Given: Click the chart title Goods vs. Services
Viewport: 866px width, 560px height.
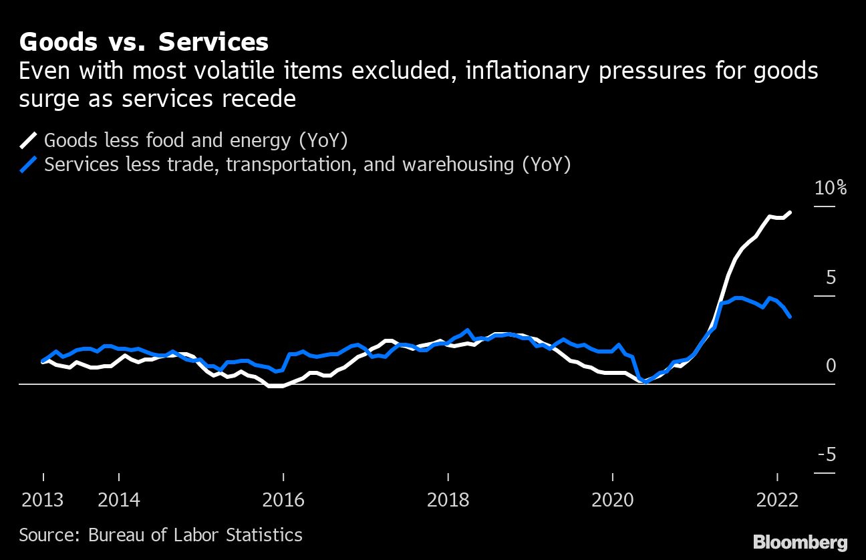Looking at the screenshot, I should pos(144,43).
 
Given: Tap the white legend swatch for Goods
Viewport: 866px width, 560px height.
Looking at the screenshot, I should pos(29,140).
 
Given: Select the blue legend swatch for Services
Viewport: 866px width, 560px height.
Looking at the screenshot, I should pos(29,164).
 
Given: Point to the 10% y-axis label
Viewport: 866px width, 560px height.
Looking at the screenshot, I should pos(830,188).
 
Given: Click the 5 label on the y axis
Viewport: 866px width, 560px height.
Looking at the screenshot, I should pos(830,277).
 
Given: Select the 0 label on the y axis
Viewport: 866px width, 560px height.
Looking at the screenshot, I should pos(831,366).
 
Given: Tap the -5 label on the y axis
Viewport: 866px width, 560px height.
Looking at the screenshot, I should pos(827,455).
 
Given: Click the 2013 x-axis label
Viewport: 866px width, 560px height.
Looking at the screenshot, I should pos(43,500).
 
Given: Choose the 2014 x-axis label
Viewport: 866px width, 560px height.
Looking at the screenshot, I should pos(119,500).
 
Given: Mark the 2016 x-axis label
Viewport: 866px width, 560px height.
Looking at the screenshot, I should pos(283,500).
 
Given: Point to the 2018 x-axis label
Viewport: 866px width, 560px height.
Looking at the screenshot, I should pos(448,500).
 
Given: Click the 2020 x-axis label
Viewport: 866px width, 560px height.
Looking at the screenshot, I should pos(612,500).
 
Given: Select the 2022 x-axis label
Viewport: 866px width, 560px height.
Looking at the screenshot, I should pos(777,500).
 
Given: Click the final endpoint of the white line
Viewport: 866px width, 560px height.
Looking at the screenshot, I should pos(791,213).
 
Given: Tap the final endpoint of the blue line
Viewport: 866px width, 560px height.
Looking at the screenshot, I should pos(790,317).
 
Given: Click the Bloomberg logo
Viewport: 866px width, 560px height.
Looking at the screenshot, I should pos(800,541).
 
